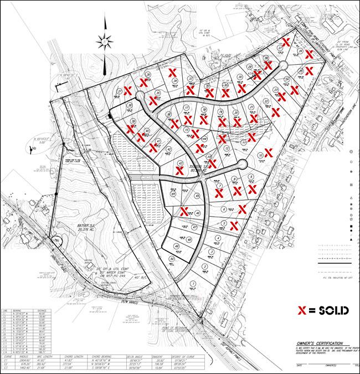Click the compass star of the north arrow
(104, 40)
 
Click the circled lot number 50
(172, 259)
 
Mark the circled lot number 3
(205, 266)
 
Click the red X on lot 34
(172, 73)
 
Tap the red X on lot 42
(179, 171)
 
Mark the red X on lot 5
(234, 225)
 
